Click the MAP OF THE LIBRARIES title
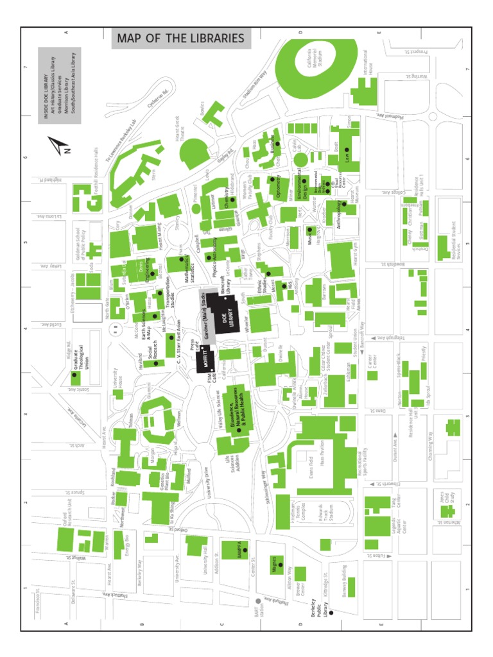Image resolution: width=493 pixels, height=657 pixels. [180, 38]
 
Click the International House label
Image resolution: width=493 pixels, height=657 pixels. [368, 67]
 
